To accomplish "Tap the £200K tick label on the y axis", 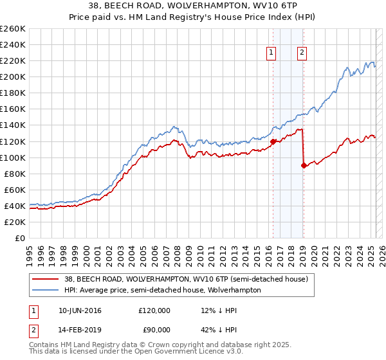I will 12,76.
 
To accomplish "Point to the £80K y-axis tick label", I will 14,174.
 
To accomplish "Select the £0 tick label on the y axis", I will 19,238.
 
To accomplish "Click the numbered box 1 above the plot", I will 271,53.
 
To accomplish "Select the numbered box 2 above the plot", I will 302,53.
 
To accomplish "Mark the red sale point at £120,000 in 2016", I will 273,141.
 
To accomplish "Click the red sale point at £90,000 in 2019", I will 303,165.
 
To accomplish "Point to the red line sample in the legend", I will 46,279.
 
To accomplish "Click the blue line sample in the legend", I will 46,290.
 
